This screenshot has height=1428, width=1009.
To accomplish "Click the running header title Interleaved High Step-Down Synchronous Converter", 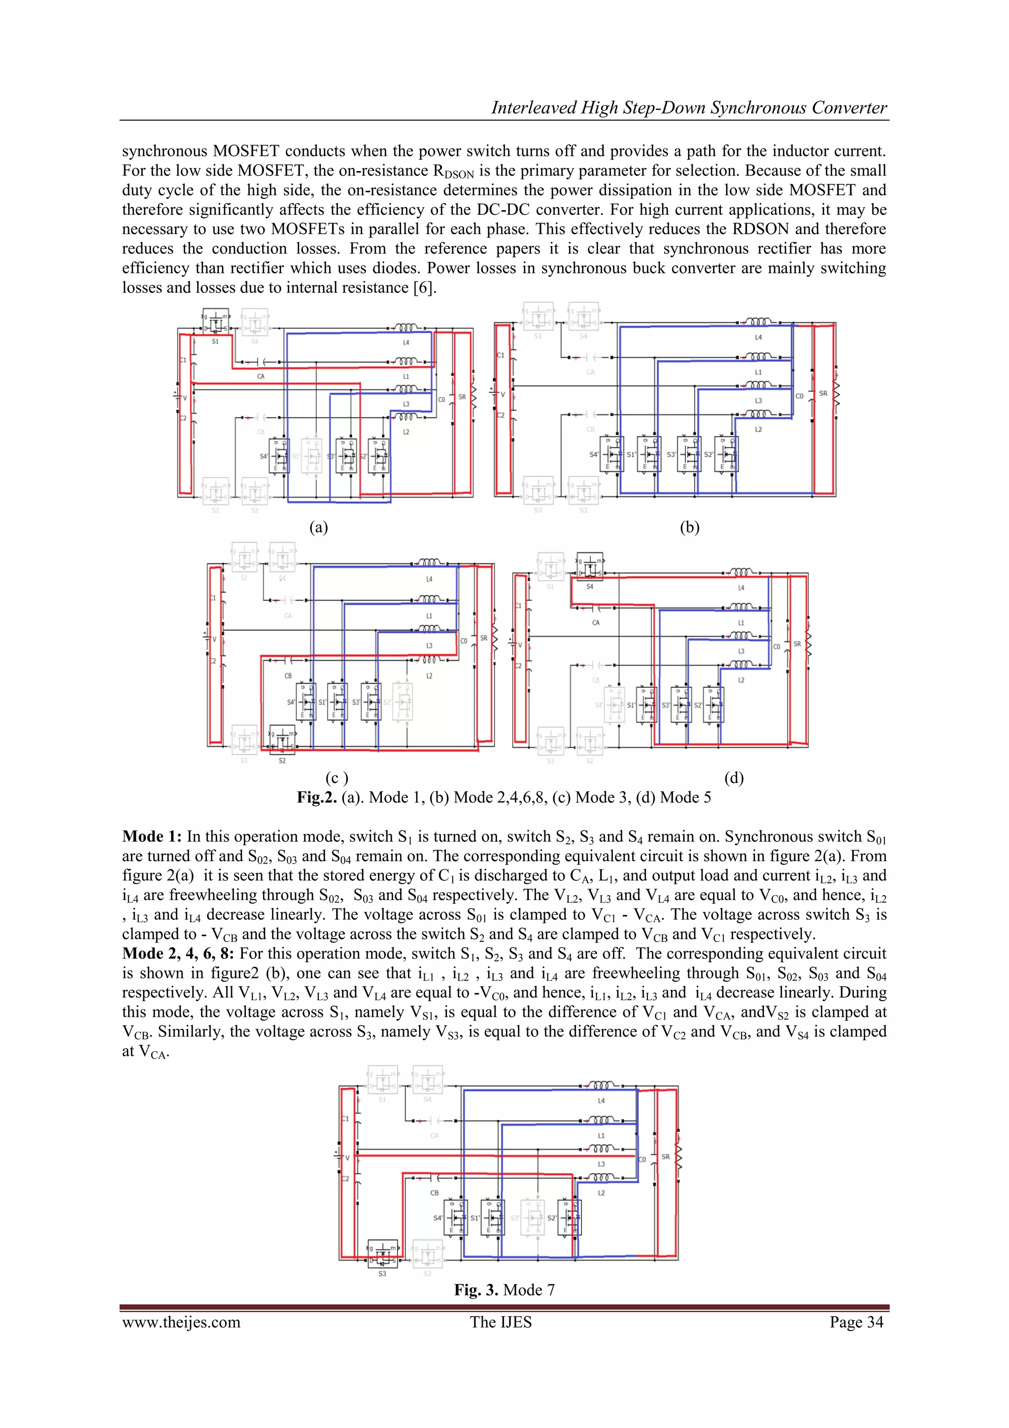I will click(689, 107).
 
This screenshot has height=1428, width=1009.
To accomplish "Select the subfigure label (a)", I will click(318, 527).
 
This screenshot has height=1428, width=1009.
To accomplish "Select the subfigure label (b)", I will click(689, 527).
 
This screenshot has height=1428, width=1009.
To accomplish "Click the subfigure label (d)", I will click(734, 778).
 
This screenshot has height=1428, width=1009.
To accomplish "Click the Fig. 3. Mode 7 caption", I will click(504, 1290).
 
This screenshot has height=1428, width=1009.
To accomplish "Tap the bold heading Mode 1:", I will click(152, 836).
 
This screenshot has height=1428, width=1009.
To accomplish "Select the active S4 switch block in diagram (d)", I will click(589, 566).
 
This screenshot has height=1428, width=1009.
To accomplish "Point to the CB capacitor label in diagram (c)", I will click(288, 675).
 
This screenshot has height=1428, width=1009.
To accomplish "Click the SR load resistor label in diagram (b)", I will click(823, 394).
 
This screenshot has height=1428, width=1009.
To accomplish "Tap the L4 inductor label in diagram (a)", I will click(406, 343).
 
